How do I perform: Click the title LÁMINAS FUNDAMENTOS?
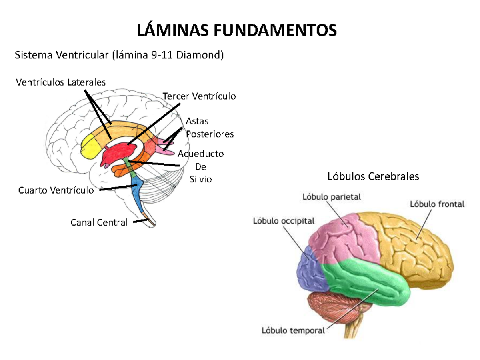click(x=237, y=30)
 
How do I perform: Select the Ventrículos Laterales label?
click(x=61, y=82)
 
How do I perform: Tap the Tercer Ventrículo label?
click(x=199, y=96)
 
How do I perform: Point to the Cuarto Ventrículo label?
click(x=56, y=190)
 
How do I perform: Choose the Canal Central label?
click(x=99, y=222)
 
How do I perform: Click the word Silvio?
click(x=201, y=179)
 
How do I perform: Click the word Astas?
click(x=197, y=121)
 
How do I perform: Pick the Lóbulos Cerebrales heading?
click(x=373, y=176)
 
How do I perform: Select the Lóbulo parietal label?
click(x=332, y=197)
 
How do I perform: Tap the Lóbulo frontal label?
click(x=437, y=204)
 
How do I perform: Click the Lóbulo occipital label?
click(x=284, y=221)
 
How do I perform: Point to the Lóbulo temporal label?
click(x=293, y=330)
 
